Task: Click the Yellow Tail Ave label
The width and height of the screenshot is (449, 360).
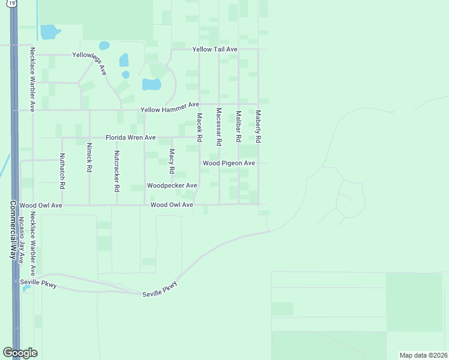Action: point(215,49)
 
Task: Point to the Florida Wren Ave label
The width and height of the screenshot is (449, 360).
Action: point(131,138)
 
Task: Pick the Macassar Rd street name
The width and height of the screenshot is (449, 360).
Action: point(219,127)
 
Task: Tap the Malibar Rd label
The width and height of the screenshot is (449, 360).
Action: point(238,125)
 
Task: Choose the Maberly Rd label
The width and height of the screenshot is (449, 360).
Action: point(258,126)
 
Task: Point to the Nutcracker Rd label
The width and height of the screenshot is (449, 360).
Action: point(116,170)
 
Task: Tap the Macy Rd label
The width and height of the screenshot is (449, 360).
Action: point(172,161)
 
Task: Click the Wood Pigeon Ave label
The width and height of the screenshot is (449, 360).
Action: point(229,163)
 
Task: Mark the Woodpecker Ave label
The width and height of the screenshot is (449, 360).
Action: point(172,186)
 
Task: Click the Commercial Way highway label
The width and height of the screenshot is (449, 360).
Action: point(12,229)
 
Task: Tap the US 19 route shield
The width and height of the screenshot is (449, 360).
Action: point(11,5)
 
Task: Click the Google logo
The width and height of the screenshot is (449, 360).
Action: point(20,353)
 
